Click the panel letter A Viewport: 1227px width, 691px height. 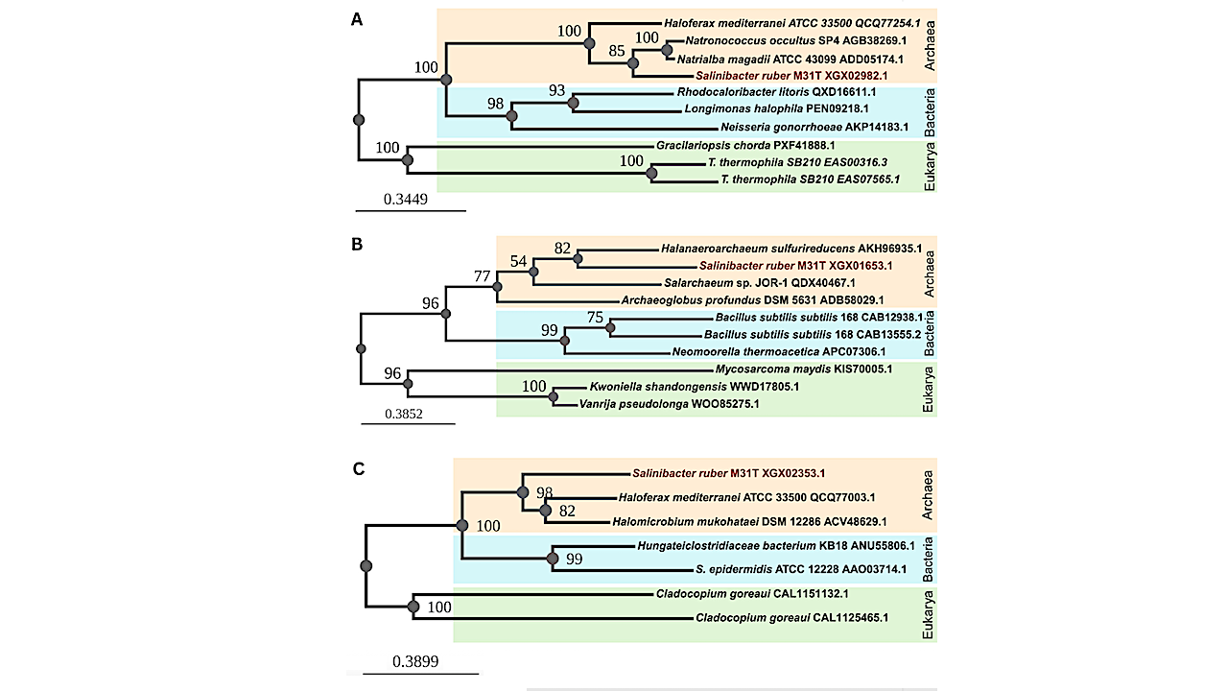point(356,19)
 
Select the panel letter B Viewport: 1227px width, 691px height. point(356,244)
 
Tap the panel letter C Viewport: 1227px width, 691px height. point(357,468)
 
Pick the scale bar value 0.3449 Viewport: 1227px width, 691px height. point(406,200)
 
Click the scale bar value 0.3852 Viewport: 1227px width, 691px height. point(404,415)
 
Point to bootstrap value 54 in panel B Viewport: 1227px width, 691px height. point(519,262)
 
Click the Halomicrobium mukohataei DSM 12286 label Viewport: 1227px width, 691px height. point(749,522)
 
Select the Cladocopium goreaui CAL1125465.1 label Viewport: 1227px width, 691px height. point(792,619)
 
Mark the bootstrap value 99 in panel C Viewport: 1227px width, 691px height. point(575,560)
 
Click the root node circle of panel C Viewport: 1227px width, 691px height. point(366,566)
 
